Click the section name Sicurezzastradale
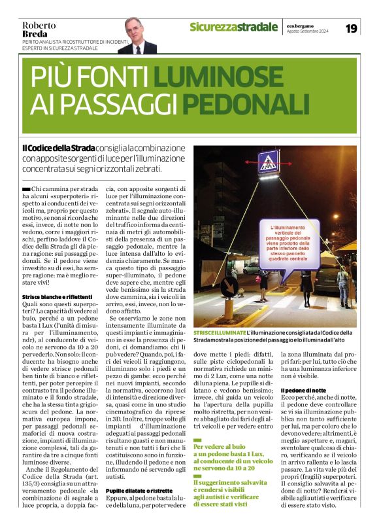coord(233,27)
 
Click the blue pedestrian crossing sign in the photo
coord(267,164)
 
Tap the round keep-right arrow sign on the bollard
coord(229,285)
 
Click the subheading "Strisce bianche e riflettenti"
coord(53,297)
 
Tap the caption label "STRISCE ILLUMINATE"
coord(219,333)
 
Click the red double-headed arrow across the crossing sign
coord(267,171)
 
